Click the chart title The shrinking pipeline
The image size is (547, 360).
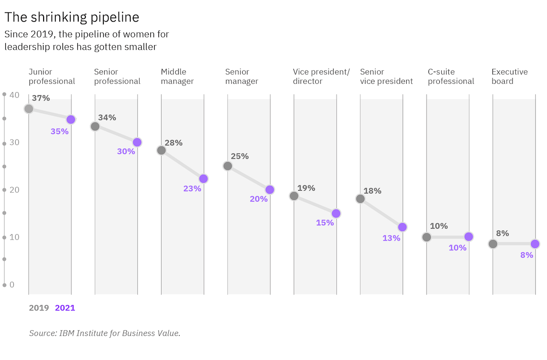[72, 18]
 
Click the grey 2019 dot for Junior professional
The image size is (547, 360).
[29, 109]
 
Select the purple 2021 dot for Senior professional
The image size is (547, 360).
[137, 142]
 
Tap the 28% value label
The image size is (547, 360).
[173, 143]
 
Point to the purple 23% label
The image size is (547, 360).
[192, 189]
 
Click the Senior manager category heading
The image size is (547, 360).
[242, 76]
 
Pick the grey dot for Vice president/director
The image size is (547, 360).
[294, 196]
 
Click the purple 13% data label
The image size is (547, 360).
[392, 238]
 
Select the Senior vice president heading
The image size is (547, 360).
[386, 76]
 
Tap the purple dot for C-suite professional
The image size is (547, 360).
[469, 237]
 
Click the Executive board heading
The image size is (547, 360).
[510, 76]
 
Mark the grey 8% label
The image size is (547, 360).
[502, 233]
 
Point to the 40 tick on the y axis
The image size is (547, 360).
[14, 95]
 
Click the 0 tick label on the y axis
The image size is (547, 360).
[12, 285]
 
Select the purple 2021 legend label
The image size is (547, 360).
[65, 308]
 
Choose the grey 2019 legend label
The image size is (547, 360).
[39, 308]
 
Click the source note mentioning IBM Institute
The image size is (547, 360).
[105, 333]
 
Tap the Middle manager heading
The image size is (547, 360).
[177, 76]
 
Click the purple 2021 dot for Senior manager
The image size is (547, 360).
[270, 190]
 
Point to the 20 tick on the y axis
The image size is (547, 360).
[14, 190]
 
